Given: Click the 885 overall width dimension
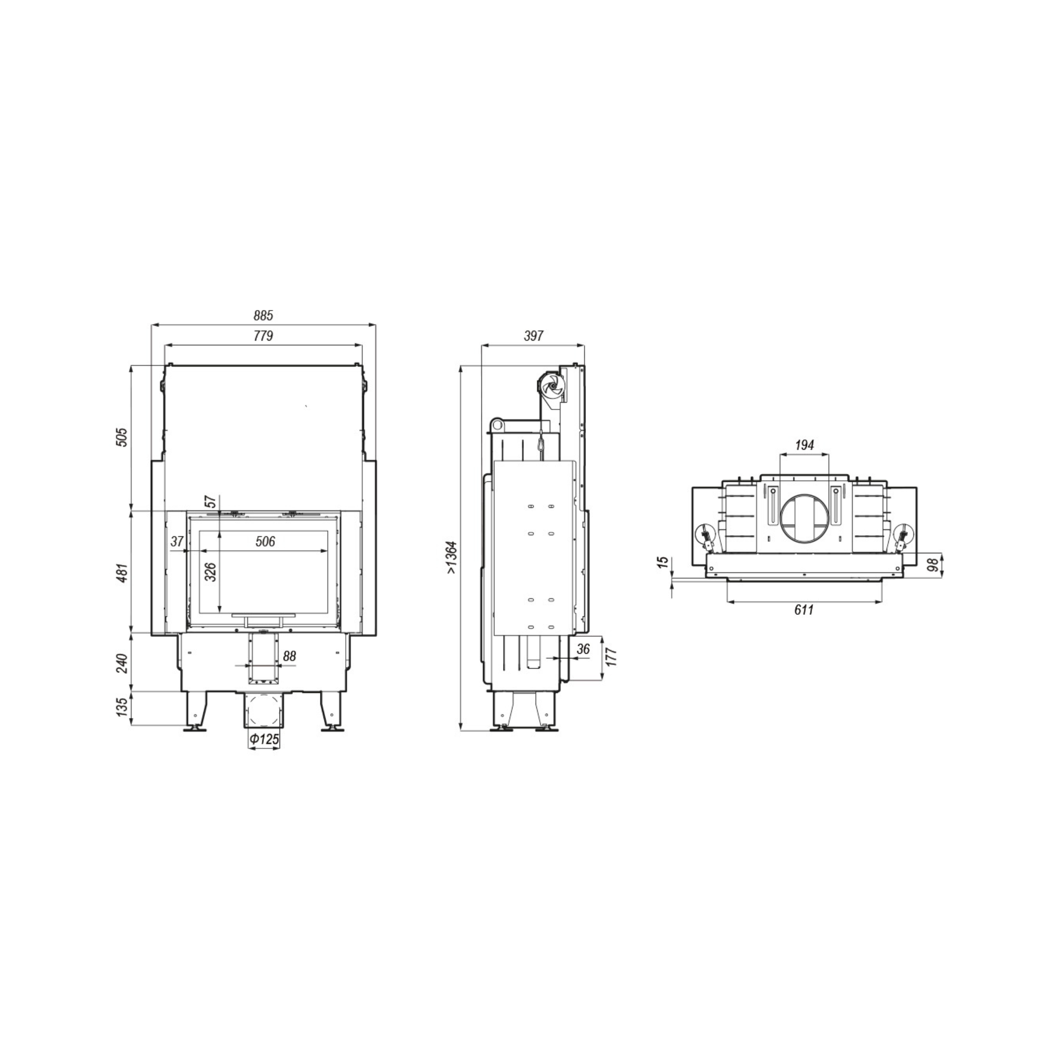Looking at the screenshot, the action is coord(263,316).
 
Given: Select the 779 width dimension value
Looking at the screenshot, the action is coord(263,336).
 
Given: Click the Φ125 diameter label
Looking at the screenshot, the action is coord(264,740).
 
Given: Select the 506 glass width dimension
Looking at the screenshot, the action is coord(265,541).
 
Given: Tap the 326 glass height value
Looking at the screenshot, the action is coord(211,572).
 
